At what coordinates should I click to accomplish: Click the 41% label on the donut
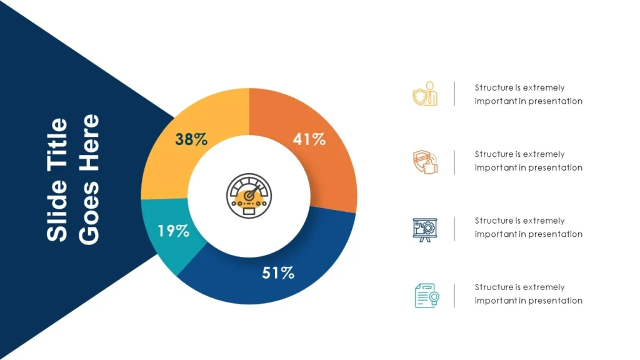coord(309,140)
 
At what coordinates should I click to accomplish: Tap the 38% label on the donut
coord(191,140)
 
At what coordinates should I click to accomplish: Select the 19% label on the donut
coord(173,231)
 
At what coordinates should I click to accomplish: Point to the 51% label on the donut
coord(278,273)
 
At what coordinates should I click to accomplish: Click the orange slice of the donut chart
coord(331,169)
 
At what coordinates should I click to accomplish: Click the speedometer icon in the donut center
coord(249,196)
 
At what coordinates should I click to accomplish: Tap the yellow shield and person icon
coord(425,94)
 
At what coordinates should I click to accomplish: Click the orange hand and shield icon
coord(425,161)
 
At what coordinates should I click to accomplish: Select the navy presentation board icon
coord(425,229)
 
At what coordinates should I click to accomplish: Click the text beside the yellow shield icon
coord(528,94)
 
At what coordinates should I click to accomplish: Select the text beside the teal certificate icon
coord(528,294)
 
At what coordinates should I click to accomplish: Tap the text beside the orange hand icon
coord(528,161)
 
